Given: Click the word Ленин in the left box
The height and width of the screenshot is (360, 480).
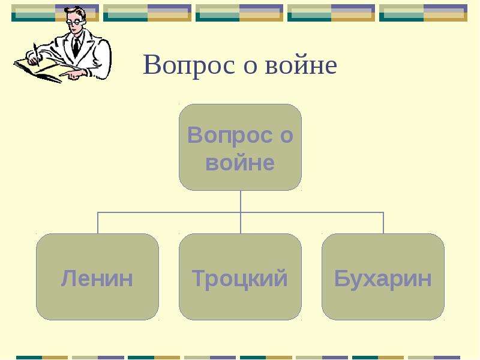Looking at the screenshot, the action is (x=97, y=278).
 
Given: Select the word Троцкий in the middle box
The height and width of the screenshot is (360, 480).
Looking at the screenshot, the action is (x=239, y=278).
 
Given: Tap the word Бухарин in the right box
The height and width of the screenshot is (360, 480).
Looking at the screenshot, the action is (x=383, y=278).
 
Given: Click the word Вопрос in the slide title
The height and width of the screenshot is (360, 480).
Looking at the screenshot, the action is (x=189, y=65).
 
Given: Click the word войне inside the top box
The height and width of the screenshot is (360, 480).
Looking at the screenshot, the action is (x=239, y=163).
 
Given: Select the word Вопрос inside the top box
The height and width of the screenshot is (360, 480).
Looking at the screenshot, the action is (x=230, y=136).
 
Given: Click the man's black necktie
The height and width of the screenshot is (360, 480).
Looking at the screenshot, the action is (x=76, y=47).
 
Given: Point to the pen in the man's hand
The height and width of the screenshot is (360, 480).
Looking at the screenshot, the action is (x=37, y=55).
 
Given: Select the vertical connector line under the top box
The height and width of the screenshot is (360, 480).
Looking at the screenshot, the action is (x=241, y=212).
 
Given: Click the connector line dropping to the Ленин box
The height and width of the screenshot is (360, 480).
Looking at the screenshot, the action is (x=98, y=223).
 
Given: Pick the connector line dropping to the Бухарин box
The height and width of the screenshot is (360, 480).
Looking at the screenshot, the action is (x=383, y=223).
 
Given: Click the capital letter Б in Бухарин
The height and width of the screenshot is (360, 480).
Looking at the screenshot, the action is (x=341, y=278).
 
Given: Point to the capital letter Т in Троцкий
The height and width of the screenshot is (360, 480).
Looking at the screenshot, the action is (x=199, y=278).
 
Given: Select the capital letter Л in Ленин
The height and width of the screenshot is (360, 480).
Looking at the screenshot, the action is (x=68, y=278).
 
